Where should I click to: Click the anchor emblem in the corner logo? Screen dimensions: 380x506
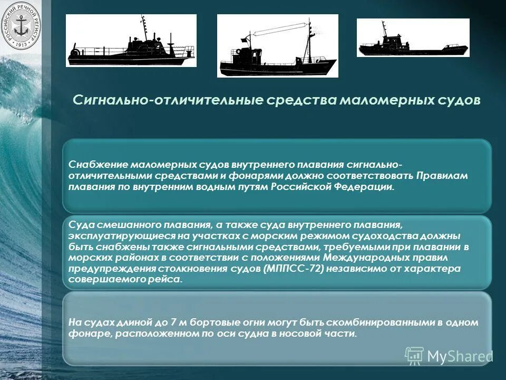point(21,26)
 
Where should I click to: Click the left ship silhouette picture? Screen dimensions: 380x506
point(131,41)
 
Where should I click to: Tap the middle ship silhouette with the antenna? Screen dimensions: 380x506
point(277,46)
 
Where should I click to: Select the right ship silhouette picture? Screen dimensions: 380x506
point(413,37)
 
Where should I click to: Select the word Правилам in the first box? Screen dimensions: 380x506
point(442,176)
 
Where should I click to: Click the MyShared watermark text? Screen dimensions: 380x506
point(460,356)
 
